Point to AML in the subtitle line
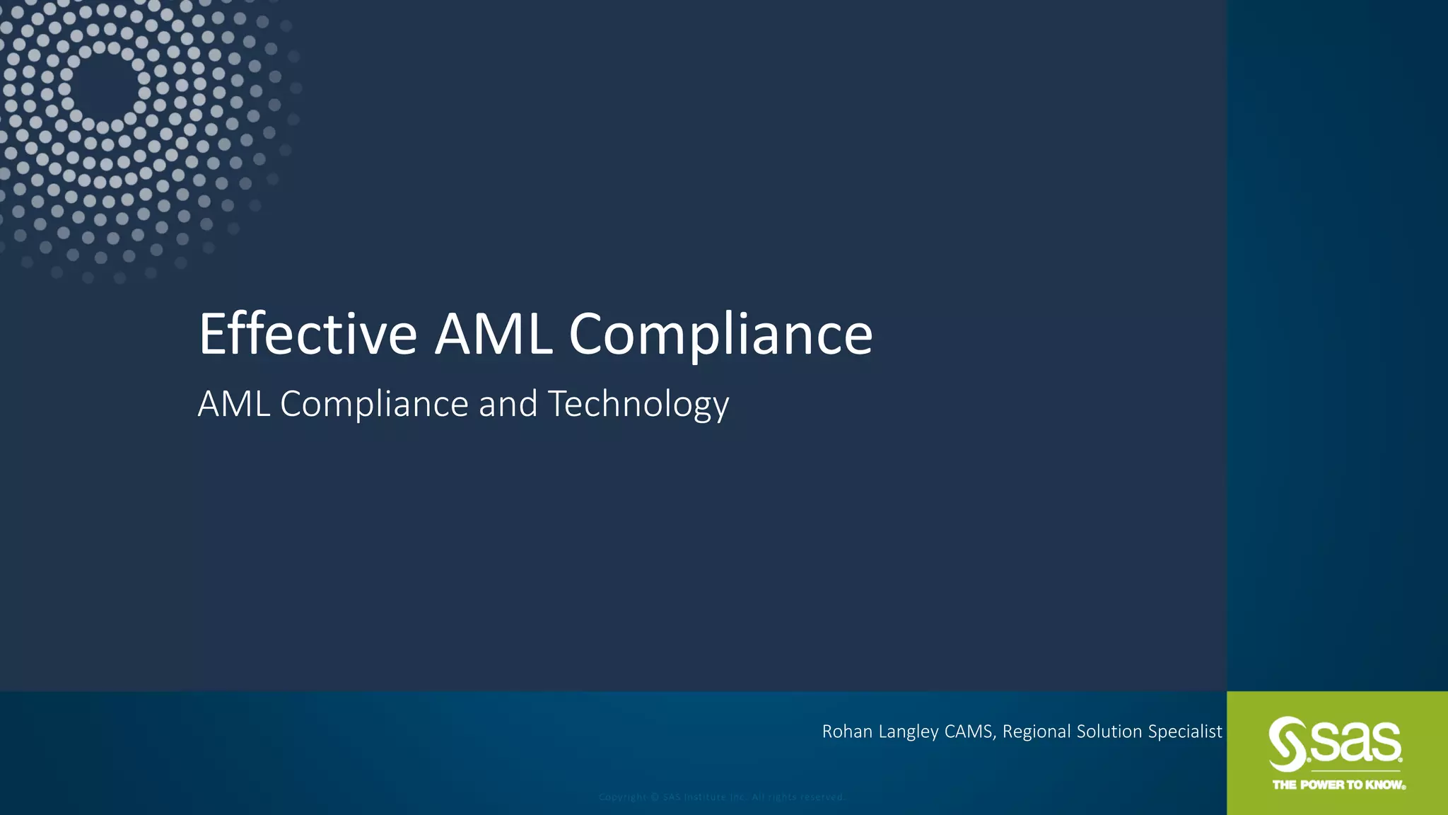(x=233, y=404)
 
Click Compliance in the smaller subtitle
(x=374, y=404)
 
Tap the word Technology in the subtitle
(x=638, y=404)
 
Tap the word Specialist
(x=1185, y=732)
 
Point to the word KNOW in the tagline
(x=1384, y=785)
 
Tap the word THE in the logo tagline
(x=1285, y=785)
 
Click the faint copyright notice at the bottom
(x=722, y=797)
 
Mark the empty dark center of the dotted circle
(x=104, y=86)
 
